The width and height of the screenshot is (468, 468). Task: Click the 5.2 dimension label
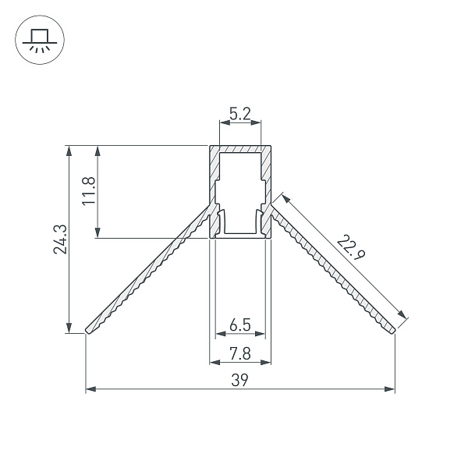coord(240,114)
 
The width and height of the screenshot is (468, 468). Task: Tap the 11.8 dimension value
coord(89,191)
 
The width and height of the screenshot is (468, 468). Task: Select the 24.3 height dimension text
coord(60,239)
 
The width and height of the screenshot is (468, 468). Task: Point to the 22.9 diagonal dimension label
coord(351,247)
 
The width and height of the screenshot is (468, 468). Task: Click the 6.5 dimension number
coord(240,325)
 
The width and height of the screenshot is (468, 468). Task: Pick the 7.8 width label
coord(240,354)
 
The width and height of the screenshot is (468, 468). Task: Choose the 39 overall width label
coord(239,381)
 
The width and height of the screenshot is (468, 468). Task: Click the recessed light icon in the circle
coord(40,41)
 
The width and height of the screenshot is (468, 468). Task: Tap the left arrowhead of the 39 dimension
coord(90,389)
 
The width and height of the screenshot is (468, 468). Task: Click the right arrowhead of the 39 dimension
coord(390,389)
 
